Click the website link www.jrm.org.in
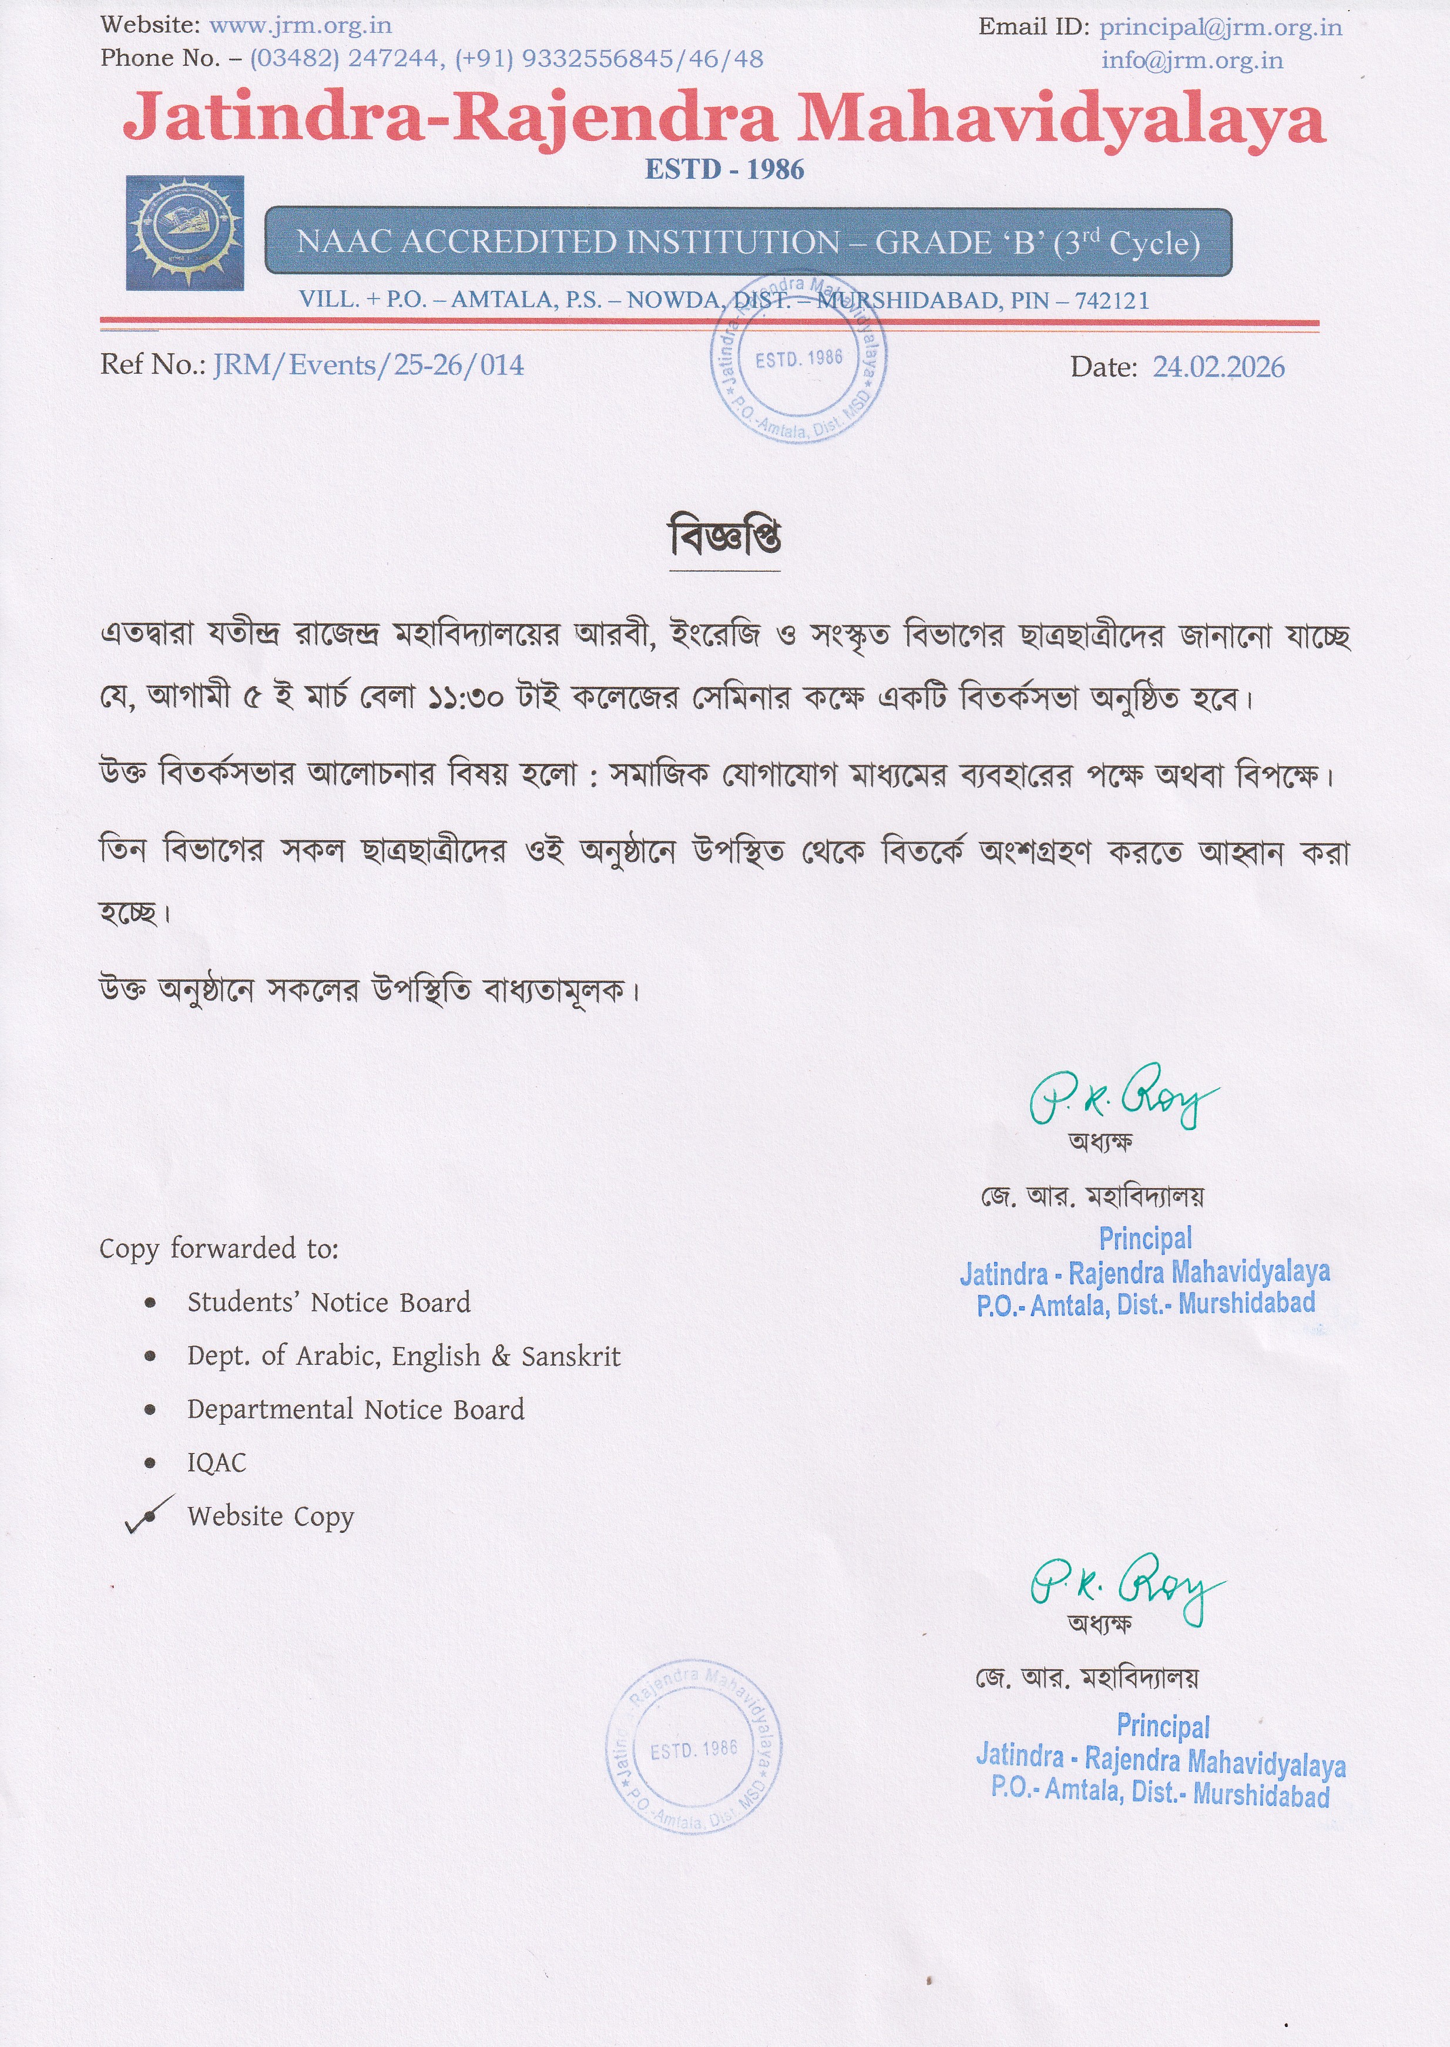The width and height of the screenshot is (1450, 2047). click(300, 26)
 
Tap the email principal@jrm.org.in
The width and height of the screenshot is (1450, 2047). click(1220, 27)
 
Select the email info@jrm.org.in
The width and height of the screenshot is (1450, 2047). click(1192, 60)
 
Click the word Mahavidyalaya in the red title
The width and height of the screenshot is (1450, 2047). click(1060, 120)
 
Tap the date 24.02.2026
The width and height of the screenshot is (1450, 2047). click(1218, 367)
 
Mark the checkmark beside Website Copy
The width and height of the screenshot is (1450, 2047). click(148, 1515)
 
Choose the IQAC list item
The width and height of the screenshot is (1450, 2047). click(217, 1462)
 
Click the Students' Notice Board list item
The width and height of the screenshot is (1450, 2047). click(328, 1303)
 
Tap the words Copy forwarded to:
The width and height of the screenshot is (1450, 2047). click(219, 1248)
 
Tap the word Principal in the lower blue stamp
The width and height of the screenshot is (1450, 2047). click(1163, 1726)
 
